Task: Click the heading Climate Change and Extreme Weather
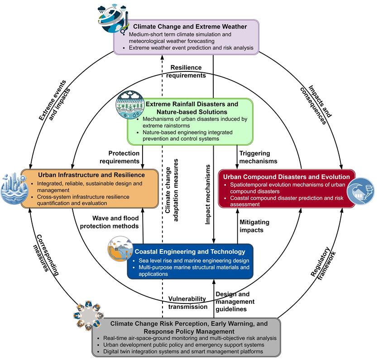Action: click(190, 27)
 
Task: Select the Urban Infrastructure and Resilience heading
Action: click(91, 175)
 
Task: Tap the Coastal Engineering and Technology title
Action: click(190, 251)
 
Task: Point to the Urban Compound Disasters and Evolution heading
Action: click(287, 177)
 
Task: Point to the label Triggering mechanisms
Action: click(258, 157)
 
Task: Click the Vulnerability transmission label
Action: click(187, 303)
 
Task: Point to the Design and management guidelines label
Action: click(234, 302)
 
